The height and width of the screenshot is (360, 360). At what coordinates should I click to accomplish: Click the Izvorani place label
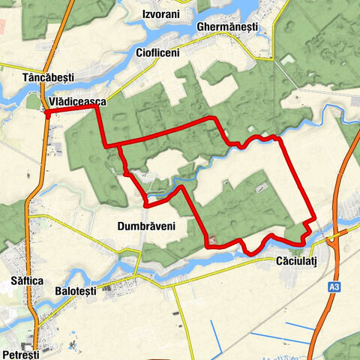pyautogui.click(x=162, y=14)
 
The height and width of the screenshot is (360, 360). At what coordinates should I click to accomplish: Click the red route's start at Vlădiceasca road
pyautogui.click(x=47, y=113)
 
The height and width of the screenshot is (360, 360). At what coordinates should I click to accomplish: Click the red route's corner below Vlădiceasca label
pyautogui.click(x=96, y=109)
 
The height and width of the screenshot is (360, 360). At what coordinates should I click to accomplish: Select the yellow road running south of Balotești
pyautogui.click(x=180, y=315)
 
